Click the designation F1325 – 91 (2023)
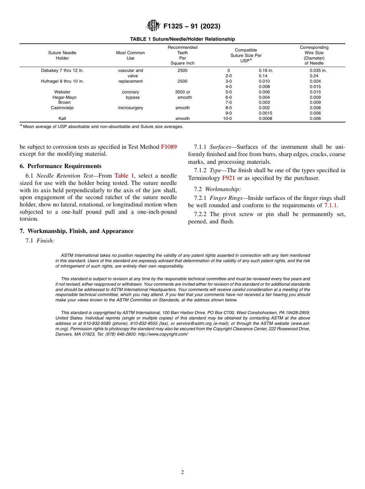[192, 27]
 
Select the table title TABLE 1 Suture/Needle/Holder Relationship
[182, 39]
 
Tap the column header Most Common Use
[130, 55]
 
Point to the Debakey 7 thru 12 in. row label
[62, 71]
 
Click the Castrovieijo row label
[62, 108]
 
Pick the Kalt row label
[62, 119]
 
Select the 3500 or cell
[182, 92]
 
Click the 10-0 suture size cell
[228, 119]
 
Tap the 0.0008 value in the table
[265, 119]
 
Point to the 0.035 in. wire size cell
[318, 71]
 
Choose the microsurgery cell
[130, 108]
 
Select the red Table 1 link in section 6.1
[124, 176]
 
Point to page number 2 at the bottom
[182, 472]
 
